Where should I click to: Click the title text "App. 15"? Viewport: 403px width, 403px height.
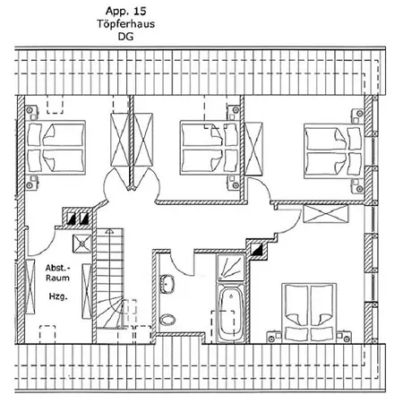125,11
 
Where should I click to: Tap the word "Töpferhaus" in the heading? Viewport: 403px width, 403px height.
125,23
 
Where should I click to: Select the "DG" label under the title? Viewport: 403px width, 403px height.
125,37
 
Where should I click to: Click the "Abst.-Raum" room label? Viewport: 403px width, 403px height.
57,273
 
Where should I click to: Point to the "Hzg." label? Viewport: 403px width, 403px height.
58,296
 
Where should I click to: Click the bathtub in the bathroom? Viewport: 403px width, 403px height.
231,313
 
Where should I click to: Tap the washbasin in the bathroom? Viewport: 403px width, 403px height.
167,284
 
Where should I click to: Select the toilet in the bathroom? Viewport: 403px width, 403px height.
167,320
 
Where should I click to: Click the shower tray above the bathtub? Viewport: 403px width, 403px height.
231,268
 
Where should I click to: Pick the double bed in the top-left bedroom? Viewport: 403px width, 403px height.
56,147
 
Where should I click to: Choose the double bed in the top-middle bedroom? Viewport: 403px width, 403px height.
210,147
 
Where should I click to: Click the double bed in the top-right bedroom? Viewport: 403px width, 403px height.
334,152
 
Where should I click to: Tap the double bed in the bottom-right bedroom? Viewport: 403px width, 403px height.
309,313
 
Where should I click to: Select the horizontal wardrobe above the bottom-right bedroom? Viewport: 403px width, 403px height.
326,214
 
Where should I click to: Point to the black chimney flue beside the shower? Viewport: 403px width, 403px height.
257,249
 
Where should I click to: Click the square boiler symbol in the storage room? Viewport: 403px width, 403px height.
81,244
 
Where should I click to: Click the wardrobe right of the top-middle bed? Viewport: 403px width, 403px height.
253,149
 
